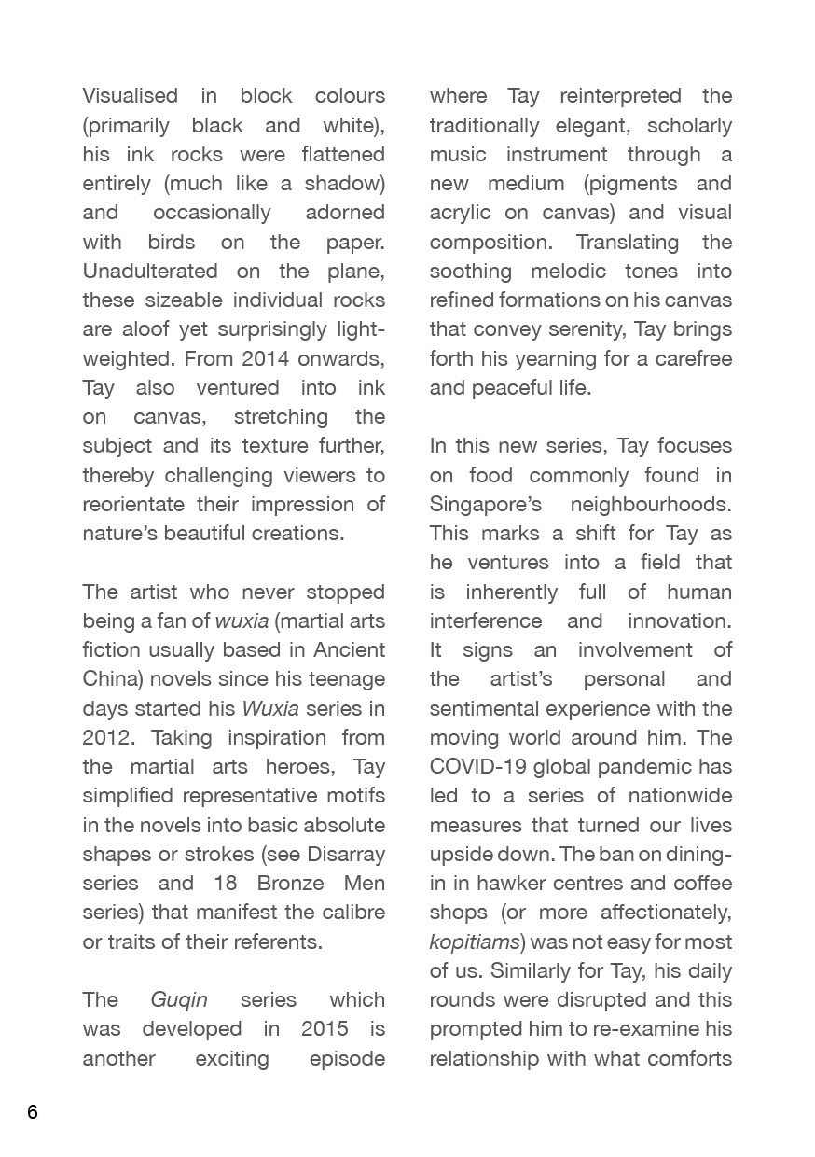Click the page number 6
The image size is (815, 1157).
[x=33, y=1112]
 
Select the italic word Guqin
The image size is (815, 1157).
[x=179, y=1000]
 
